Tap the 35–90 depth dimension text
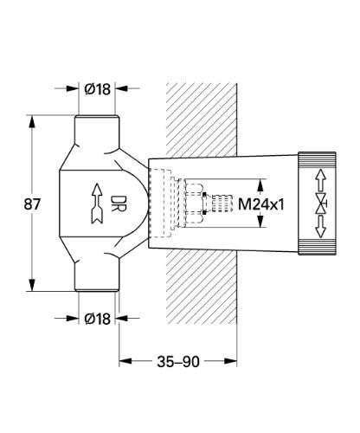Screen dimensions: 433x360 point(177,361)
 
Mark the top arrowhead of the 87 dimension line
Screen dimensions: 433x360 point(34,117)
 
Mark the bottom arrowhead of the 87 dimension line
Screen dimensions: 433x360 point(34,292)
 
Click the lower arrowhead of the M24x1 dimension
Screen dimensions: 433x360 point(261,226)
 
